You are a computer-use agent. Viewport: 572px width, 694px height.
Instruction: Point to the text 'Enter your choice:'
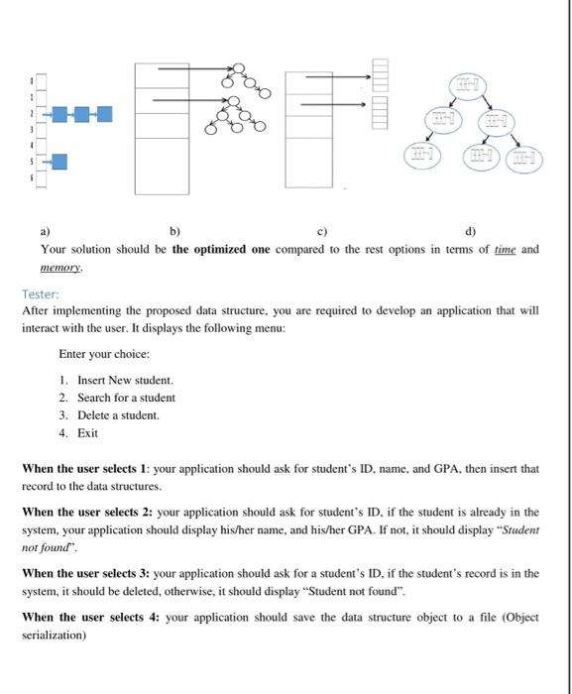coord(104,354)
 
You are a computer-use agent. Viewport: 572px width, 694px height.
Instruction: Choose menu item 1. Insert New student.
coord(115,381)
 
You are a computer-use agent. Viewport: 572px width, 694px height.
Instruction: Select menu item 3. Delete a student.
coord(108,415)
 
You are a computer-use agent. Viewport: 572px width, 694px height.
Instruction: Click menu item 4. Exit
coord(78,433)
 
